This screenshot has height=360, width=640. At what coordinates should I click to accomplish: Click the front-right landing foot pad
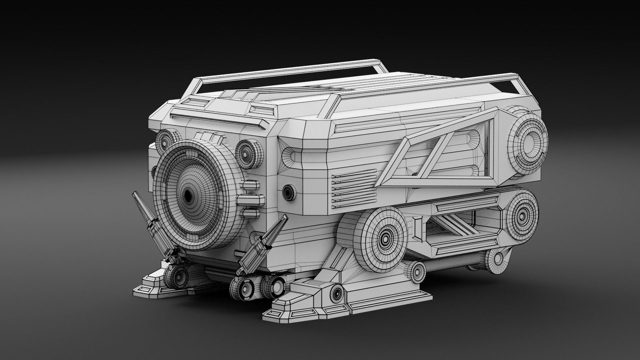pos(300,313)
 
